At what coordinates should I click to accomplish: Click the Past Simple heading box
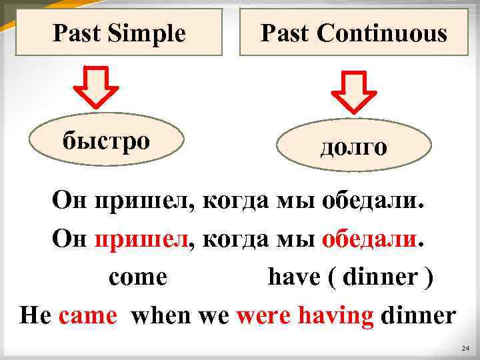pyautogui.click(x=119, y=33)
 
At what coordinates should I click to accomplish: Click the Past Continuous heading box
pyautogui.click(x=353, y=33)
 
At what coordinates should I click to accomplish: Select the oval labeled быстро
pyautogui.click(x=107, y=140)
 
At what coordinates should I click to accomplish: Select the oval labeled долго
pyautogui.click(x=353, y=147)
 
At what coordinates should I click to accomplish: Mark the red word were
pyautogui.click(x=260, y=315)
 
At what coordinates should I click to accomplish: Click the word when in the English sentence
pyautogui.click(x=163, y=315)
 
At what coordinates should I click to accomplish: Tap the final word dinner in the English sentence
pyautogui.click(x=417, y=315)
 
